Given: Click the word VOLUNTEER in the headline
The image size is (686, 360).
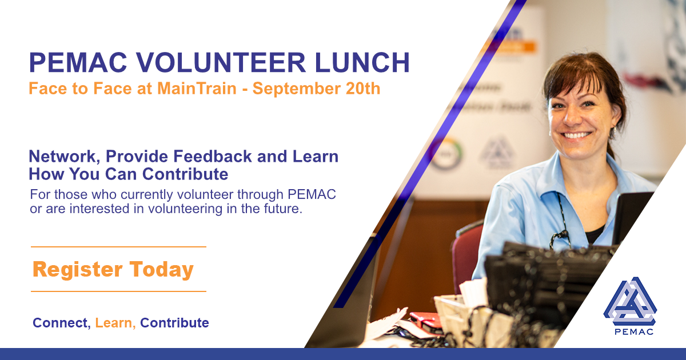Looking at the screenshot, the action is (221, 62).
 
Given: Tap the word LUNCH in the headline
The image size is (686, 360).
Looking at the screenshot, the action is (362, 62).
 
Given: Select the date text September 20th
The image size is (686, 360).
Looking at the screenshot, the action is (316, 89).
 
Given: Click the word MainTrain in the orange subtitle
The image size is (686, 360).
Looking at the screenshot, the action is (197, 88).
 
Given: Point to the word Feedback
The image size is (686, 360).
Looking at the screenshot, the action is (213, 156).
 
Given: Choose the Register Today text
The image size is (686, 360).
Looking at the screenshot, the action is (113, 270).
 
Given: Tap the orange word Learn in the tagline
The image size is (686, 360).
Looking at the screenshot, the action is (115, 323).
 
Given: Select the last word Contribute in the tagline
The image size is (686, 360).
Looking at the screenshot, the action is (174, 323).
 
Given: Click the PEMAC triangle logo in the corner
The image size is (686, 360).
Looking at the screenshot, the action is (630, 302).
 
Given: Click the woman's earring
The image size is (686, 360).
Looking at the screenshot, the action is (614, 132).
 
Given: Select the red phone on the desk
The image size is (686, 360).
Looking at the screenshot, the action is (426, 321).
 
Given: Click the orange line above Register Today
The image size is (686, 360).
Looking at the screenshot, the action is (118, 247).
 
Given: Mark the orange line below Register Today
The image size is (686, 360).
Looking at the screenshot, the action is (118, 291).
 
